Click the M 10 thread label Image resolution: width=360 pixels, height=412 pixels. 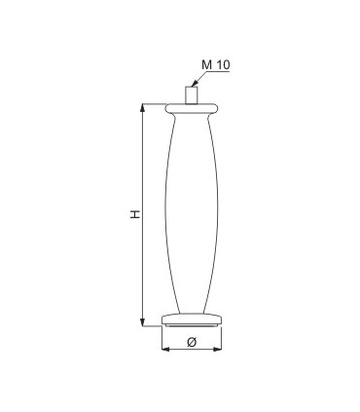(x=216, y=64)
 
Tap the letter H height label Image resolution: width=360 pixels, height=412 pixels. (x=135, y=214)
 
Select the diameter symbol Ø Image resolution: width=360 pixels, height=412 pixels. (x=192, y=342)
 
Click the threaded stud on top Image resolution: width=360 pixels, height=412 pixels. (x=192, y=95)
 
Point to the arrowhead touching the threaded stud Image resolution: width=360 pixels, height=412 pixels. (x=194, y=85)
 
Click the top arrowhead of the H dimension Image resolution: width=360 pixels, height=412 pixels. (x=142, y=107)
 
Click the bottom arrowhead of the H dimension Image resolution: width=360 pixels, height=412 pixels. (x=142, y=322)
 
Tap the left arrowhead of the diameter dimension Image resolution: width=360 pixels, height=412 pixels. (x=165, y=350)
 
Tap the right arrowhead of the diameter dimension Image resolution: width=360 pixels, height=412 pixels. (x=218, y=350)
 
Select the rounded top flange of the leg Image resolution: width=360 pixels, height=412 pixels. (x=192, y=108)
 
